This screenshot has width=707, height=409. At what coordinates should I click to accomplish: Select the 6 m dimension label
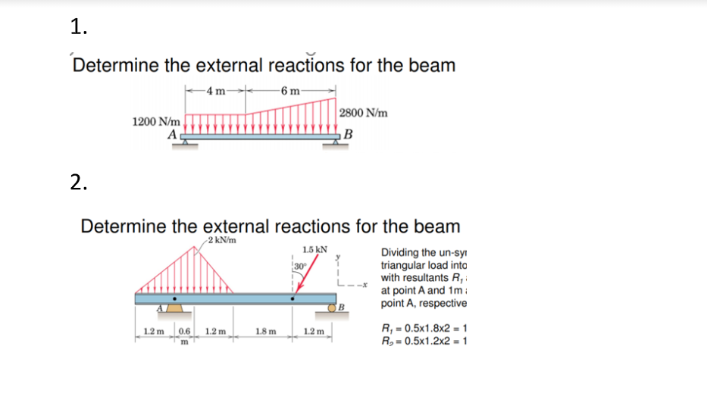coord(290,92)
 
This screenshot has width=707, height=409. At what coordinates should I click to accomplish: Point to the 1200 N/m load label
coord(156,121)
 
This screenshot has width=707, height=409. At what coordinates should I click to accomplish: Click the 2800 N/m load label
coord(364,113)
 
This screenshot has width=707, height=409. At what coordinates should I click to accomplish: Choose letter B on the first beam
coord(348,136)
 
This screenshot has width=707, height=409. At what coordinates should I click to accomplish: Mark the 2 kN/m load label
coord(221,241)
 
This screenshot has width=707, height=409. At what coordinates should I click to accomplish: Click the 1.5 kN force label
coord(314,249)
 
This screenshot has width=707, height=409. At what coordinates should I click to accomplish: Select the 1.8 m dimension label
coord(266,332)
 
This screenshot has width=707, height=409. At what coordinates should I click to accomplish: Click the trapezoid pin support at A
coord(174,308)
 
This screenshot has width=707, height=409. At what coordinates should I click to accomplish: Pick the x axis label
coord(364,286)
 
